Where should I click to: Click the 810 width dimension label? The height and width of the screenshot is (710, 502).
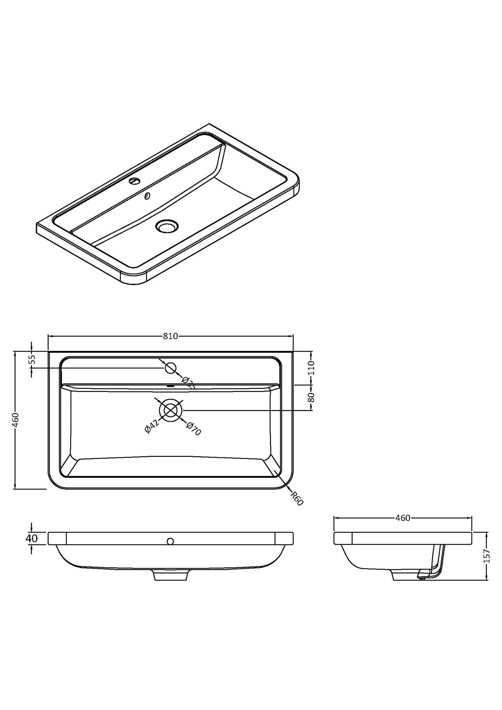[x=170, y=336]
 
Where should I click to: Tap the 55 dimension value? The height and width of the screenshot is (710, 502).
[x=32, y=359]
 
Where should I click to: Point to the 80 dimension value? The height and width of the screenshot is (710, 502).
[x=311, y=397]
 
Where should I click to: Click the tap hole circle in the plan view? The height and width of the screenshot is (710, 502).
[x=170, y=368]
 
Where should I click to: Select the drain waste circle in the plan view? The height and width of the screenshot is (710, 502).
[x=170, y=410]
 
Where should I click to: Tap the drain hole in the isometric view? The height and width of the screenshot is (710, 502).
[x=167, y=226]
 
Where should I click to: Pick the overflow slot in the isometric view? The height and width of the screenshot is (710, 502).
[x=147, y=197]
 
